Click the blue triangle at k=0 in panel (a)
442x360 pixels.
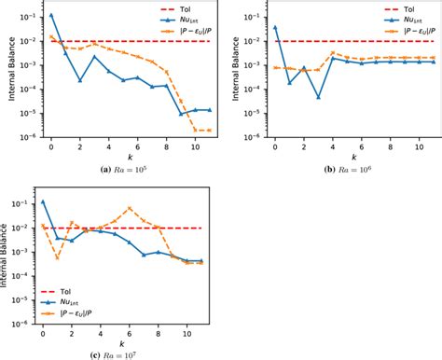50,15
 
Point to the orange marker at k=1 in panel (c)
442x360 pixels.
58,257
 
